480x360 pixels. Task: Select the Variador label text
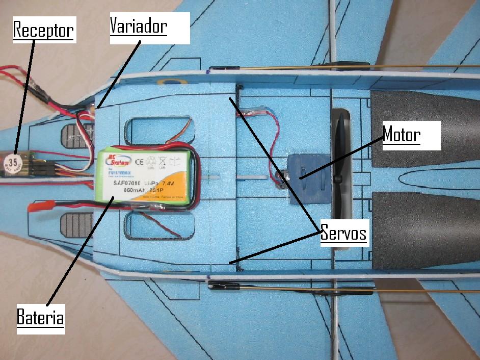click(x=139, y=25)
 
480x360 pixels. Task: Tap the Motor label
click(x=402, y=135)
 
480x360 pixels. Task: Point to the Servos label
click(x=344, y=234)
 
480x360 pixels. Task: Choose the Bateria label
click(x=41, y=317)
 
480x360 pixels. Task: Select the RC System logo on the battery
click(x=116, y=160)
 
